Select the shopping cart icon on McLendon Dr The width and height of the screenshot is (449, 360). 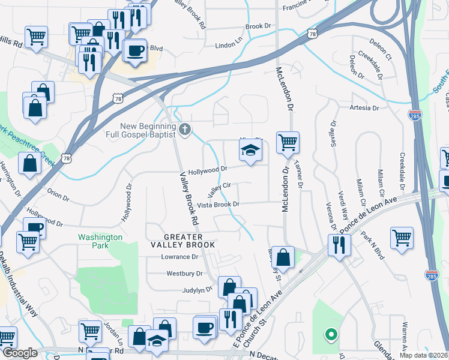[288, 143]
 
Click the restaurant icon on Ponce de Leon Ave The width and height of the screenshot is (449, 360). [339, 244]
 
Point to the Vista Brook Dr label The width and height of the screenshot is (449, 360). [218, 205]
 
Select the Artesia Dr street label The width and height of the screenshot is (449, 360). [365, 108]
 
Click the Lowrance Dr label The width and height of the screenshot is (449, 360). [179, 257]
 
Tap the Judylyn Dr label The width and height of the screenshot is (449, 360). [197, 289]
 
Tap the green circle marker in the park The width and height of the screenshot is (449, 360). [329, 334]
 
